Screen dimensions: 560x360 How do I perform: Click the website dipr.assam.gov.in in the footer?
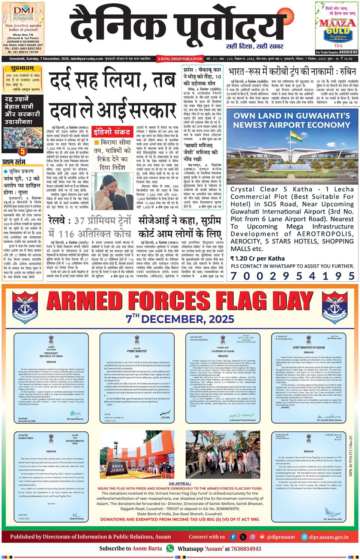coord(330,537)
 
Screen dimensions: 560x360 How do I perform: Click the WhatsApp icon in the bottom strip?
coord(170,548)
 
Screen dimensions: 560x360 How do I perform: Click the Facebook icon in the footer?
coord(233,537)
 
